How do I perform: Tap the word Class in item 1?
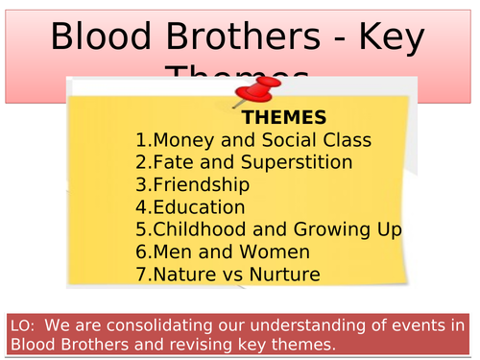click(345, 141)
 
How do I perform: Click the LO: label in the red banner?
click(23, 326)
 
